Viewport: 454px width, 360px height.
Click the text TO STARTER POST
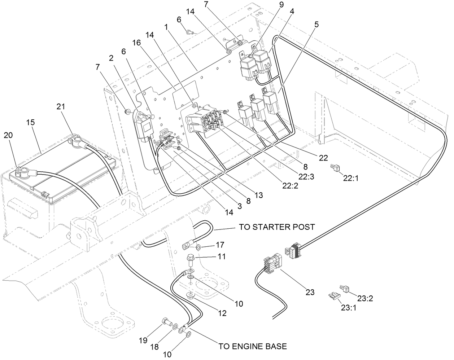(277, 227)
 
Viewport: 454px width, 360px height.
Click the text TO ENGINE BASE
(253, 347)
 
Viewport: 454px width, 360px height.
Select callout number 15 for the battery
(31, 123)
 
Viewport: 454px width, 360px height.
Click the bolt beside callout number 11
(190, 259)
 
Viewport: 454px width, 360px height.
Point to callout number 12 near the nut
(222, 313)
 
